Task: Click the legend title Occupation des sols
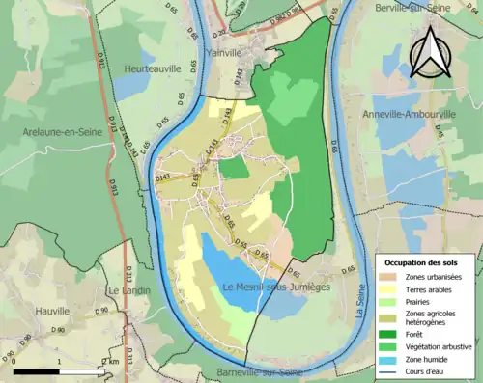(x=423, y=262)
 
